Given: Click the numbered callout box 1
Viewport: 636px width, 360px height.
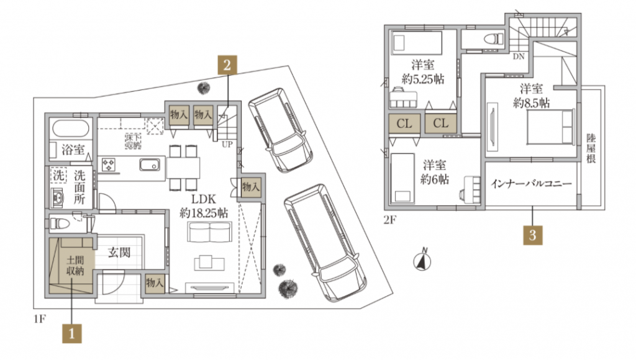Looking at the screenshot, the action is pos(72,333).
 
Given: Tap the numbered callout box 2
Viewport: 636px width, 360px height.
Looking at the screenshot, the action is pos(227,65).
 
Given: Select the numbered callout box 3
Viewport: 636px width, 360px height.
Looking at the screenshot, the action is pos(532,235).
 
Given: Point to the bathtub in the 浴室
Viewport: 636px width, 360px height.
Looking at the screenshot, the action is pos(71,128).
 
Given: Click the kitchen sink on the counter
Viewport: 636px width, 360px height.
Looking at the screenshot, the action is pos(150,164).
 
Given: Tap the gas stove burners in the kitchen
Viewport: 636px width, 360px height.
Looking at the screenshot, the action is pos(109,164).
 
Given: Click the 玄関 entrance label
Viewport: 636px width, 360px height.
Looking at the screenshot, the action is pos(119,253).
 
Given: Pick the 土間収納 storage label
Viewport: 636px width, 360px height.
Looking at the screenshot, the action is pos(75,266).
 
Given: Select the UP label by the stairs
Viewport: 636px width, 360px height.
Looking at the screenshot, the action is pos(227,145).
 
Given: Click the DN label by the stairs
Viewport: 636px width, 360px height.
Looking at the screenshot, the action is pos(519,56).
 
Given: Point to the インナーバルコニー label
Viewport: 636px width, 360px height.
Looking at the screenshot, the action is pos(531,184).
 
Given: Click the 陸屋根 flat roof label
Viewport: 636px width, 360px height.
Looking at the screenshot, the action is pos(591,148).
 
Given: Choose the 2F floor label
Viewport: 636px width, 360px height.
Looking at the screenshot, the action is pos(390,220).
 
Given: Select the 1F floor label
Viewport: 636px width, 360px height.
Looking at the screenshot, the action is pos(39,319).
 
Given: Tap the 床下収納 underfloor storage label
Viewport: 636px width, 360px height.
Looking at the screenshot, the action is pos(133,141).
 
